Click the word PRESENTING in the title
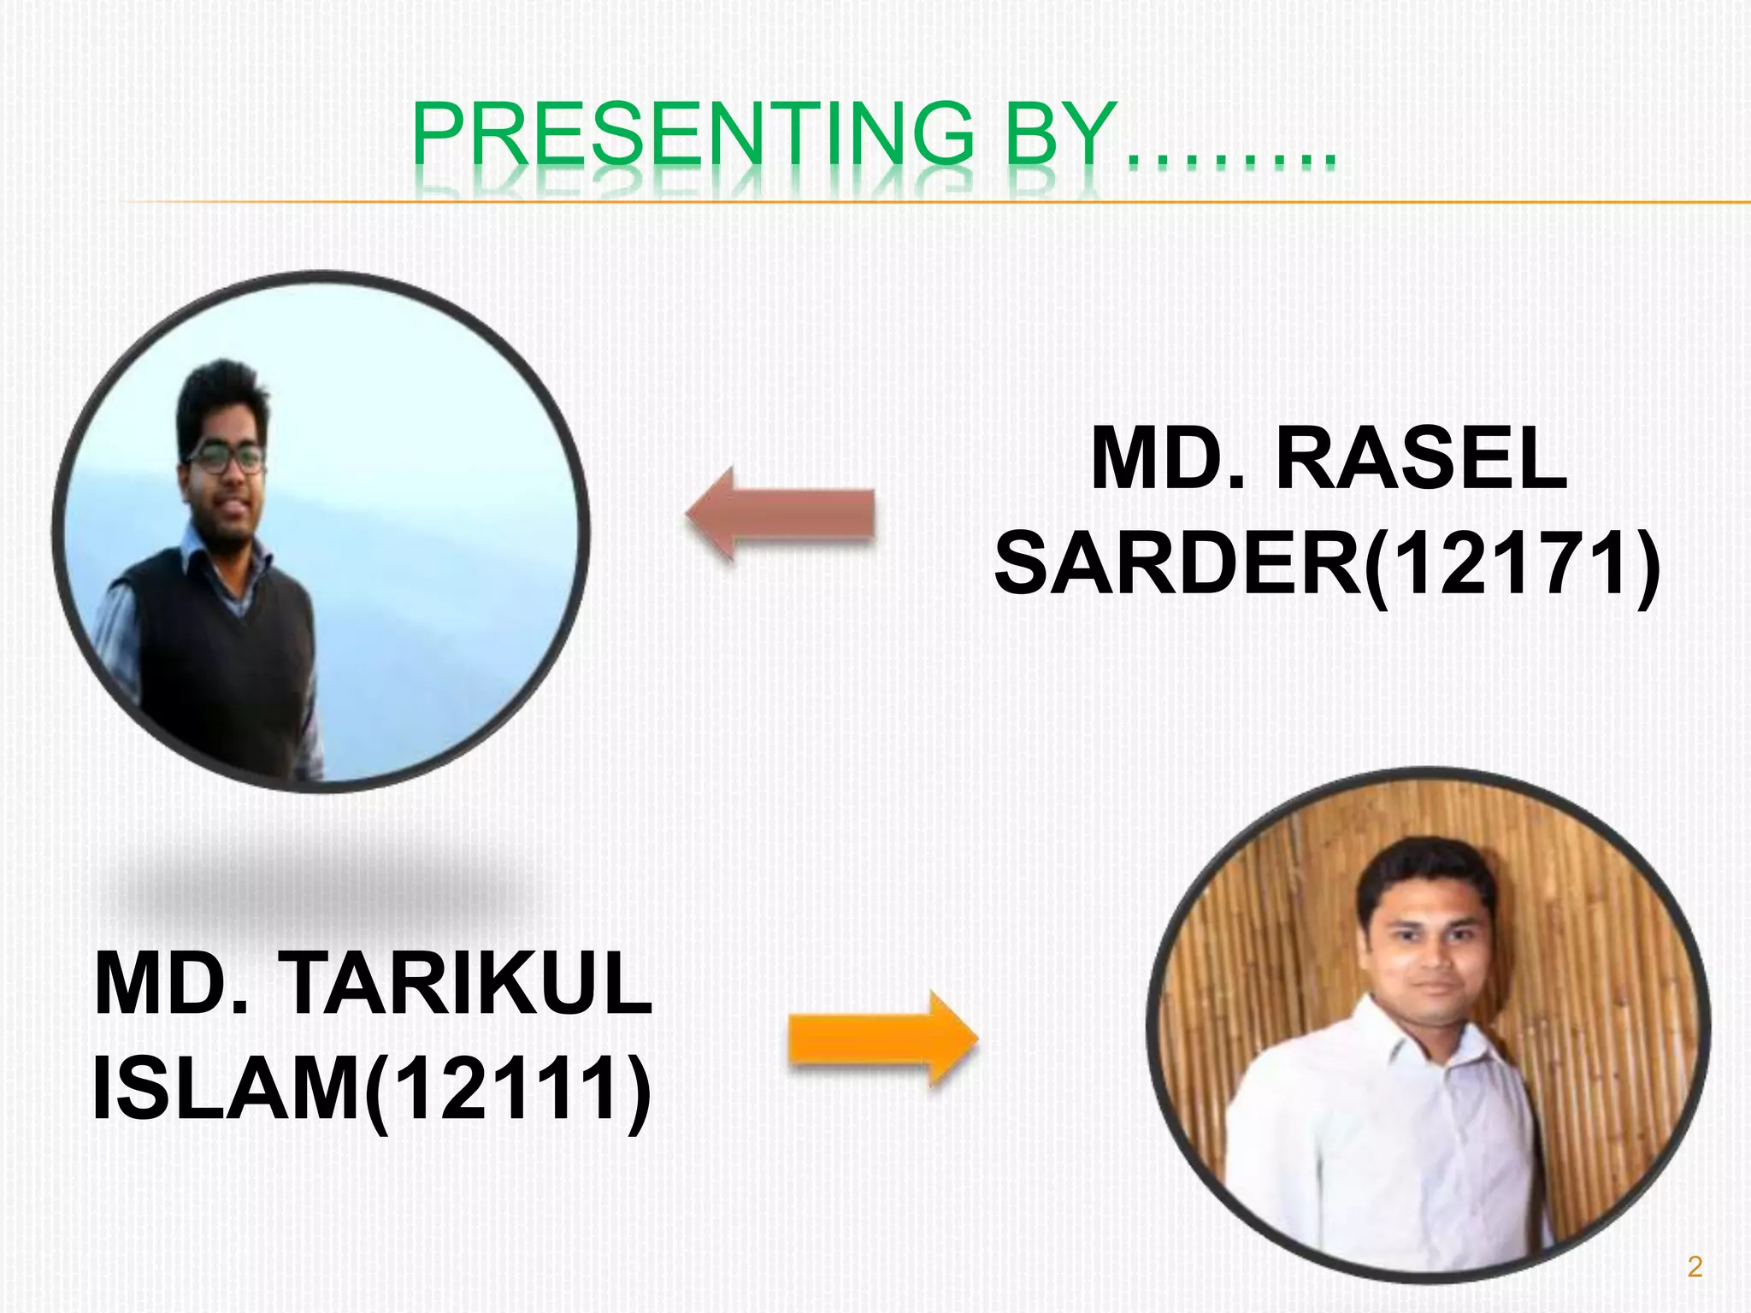[693, 134]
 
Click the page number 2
[1695, 1266]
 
